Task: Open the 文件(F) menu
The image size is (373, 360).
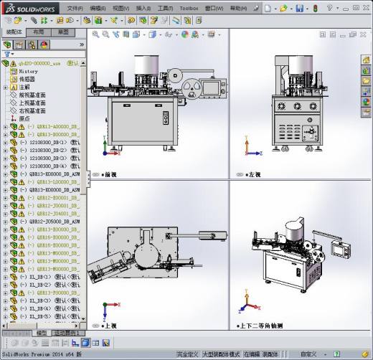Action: pos(75,9)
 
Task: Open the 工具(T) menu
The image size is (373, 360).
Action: pos(165,9)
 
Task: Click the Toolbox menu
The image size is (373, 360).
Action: pos(189,9)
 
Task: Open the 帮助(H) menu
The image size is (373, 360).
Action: pos(240,9)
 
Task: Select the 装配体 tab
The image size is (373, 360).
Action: pos(14,32)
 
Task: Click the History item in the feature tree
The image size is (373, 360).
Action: pos(29,72)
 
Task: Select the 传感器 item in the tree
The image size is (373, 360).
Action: pos(27,80)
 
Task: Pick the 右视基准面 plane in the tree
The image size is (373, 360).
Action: pos(32,111)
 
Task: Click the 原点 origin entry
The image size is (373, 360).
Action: pos(24,119)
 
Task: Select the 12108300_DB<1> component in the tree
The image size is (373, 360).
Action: pos(47,142)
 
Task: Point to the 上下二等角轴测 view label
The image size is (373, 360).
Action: pos(270,325)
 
